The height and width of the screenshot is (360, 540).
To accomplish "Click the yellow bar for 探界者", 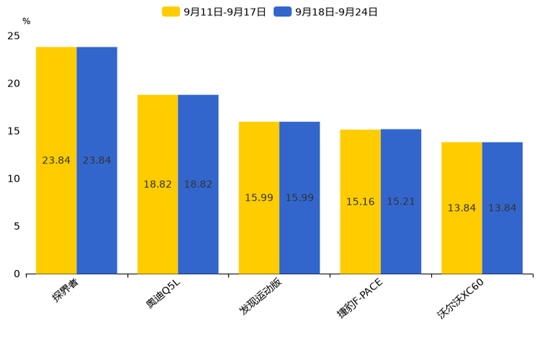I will tap(57, 160).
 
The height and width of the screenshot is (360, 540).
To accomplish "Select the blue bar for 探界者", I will tap(97, 160).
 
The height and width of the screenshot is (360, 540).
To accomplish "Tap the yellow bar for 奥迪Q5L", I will tap(157, 184).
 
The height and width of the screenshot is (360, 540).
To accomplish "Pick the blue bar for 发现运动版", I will tap(300, 197).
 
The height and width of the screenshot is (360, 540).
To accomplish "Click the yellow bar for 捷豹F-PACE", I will tap(360, 202).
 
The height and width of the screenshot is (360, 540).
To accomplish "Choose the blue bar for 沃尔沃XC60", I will tap(502, 208).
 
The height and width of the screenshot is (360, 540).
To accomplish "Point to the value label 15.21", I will tap(401, 202).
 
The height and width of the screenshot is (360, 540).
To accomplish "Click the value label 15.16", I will tap(360, 202).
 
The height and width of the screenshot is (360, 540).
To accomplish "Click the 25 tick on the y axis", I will tap(14, 36).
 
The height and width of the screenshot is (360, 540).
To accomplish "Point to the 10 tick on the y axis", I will tap(14, 179).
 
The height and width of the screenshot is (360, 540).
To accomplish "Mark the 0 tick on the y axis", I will tap(17, 274).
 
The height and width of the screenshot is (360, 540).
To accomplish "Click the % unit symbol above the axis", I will tap(26, 22).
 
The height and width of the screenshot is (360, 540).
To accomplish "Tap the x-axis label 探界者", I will tap(65, 290).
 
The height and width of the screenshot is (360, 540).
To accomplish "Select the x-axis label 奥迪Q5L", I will tap(164, 292).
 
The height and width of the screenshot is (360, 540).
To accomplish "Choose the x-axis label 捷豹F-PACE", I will tap(359, 298).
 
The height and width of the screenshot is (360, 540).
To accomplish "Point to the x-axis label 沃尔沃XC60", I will tap(460, 298).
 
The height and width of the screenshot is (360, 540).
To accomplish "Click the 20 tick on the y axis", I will tap(14, 83).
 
